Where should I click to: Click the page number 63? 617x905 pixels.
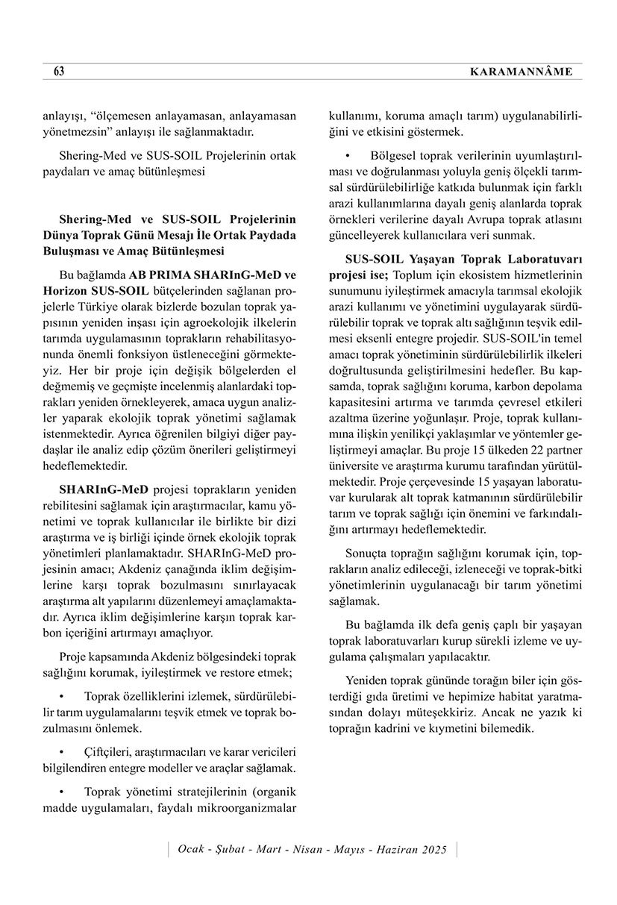(59, 72)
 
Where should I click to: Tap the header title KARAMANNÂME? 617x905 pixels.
(522, 72)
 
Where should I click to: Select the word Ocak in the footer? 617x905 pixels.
(192, 850)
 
